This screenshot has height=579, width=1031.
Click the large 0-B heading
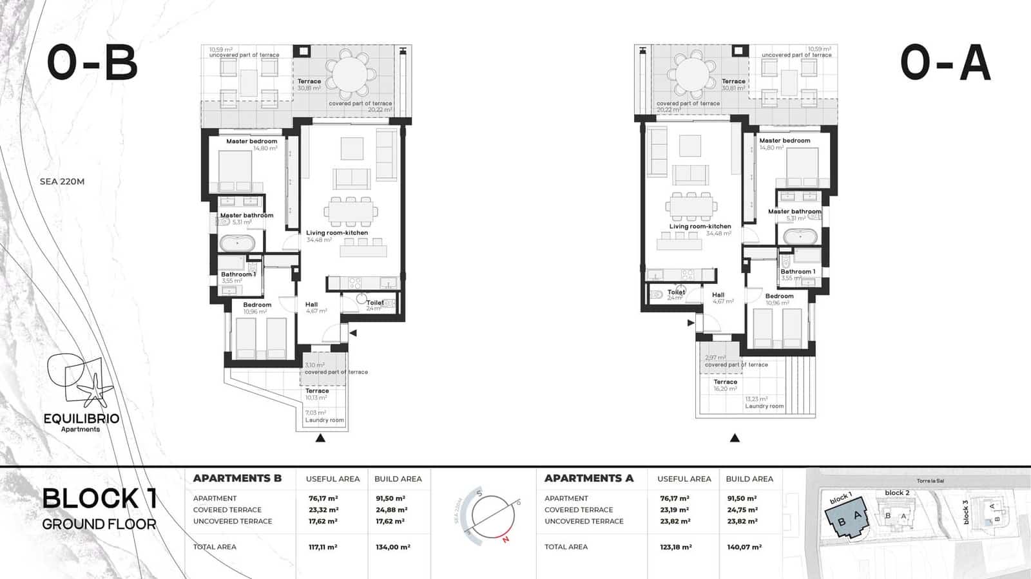[93, 62]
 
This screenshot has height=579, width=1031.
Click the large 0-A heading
[945, 62]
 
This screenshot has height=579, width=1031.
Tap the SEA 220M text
[62, 182]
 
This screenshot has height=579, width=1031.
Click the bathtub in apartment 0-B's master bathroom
[238, 244]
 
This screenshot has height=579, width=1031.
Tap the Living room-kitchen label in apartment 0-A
[700, 227]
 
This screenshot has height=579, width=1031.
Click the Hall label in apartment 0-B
[311, 305]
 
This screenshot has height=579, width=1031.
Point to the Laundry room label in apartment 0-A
[764, 406]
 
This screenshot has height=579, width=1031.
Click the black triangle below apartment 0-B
[320, 439]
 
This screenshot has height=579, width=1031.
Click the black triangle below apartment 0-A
[735, 439]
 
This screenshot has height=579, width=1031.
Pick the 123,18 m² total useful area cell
[675, 547]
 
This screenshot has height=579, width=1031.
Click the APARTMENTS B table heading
[237, 479]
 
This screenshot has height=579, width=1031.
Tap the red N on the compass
[506, 540]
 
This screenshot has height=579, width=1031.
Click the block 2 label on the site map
[897, 493]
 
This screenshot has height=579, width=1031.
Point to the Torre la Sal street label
[930, 481]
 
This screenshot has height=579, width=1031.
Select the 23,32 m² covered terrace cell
[323, 509]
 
